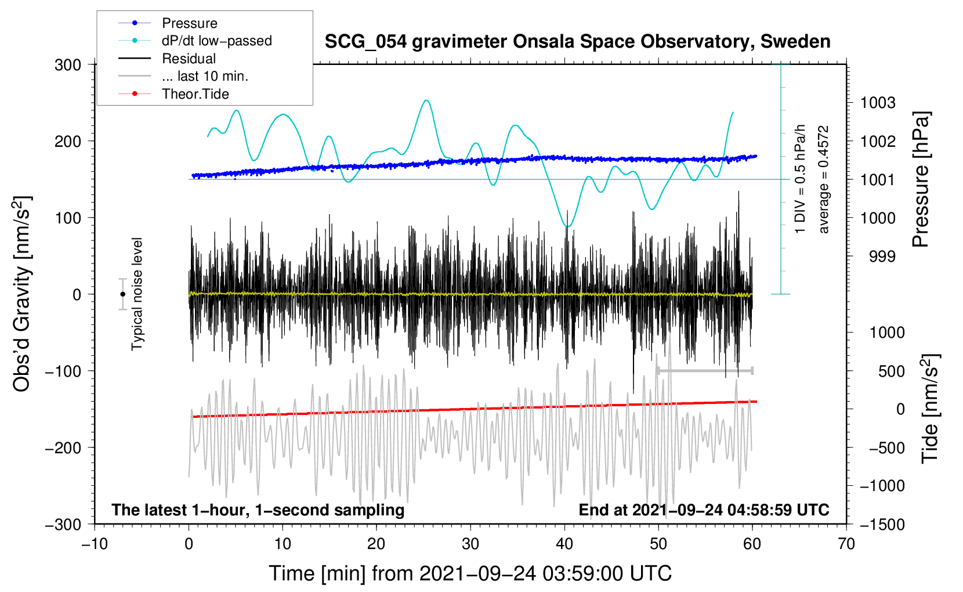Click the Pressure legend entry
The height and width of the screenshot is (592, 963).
click(168, 23)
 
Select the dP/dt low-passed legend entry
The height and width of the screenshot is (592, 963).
click(195, 41)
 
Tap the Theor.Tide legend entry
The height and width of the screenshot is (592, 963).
click(173, 94)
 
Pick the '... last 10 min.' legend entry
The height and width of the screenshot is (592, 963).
click(183, 76)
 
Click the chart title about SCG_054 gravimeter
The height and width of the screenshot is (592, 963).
click(577, 42)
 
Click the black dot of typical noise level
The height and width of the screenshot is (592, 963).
click(122, 294)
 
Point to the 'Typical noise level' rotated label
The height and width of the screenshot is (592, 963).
click(136, 294)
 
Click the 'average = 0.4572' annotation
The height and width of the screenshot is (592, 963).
click(823, 179)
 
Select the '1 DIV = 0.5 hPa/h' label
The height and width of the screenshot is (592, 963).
click(799, 179)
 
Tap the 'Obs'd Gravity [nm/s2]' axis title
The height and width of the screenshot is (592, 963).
click(21, 294)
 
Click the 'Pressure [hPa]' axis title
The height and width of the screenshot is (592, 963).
click(921, 179)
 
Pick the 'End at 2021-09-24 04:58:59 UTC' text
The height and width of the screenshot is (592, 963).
click(704, 510)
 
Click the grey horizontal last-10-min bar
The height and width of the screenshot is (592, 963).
click(705, 370)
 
